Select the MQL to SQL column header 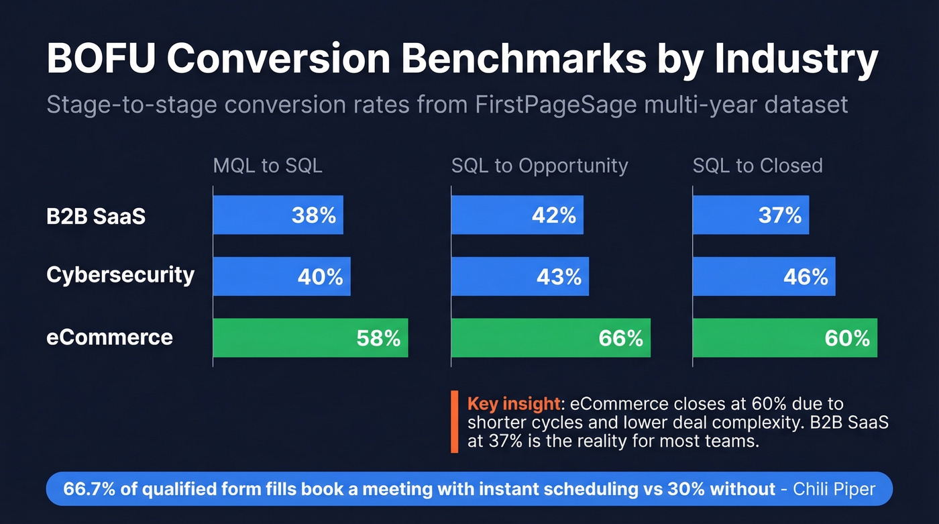[268, 166]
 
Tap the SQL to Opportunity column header [539, 166]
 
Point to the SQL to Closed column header [757, 166]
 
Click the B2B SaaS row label [96, 216]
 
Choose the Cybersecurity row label [121, 274]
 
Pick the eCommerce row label [109, 337]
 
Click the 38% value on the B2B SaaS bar [313, 215]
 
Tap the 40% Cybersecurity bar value [321, 276]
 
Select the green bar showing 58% [310, 338]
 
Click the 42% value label [553, 215]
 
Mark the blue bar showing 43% [520, 276]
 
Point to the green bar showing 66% [550, 338]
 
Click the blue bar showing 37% [750, 215]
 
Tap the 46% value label [806, 276]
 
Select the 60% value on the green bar [847, 338]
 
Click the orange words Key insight [513, 404]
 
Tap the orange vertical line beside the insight [455, 421]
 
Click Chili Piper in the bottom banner [834, 489]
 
